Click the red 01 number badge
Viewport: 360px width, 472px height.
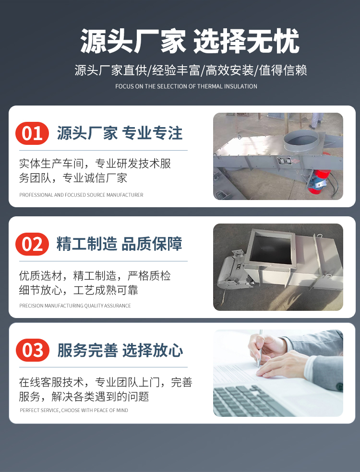coord(32,133)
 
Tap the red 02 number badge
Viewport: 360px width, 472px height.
coord(32,244)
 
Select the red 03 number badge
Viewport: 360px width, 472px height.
coord(33,350)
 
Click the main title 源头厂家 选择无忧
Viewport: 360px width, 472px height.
coord(190,41)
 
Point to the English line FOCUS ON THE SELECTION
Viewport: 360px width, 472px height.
coord(186,86)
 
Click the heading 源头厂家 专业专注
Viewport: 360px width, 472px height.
coord(120,133)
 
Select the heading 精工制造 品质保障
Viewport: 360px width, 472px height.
coord(120,244)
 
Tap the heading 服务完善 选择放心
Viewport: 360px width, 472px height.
coord(120,350)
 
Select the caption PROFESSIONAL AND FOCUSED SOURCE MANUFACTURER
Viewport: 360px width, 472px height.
coord(81,195)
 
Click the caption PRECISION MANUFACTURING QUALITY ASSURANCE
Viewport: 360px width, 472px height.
coord(75,306)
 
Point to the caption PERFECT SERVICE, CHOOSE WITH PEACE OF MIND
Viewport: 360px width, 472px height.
coord(74,410)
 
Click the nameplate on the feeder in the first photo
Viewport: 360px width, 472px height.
coord(284,160)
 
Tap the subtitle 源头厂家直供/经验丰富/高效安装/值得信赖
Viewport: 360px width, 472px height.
coord(191,71)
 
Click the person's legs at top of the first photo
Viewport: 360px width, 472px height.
coord(316,120)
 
